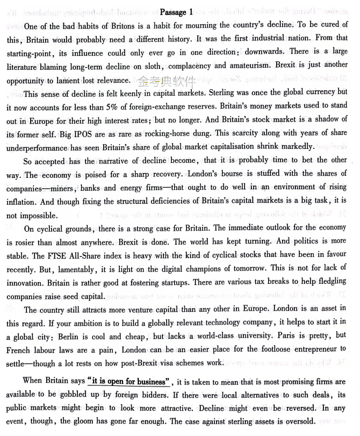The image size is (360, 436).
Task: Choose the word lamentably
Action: coord(74,268)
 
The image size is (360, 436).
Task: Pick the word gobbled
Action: coord(80,395)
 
